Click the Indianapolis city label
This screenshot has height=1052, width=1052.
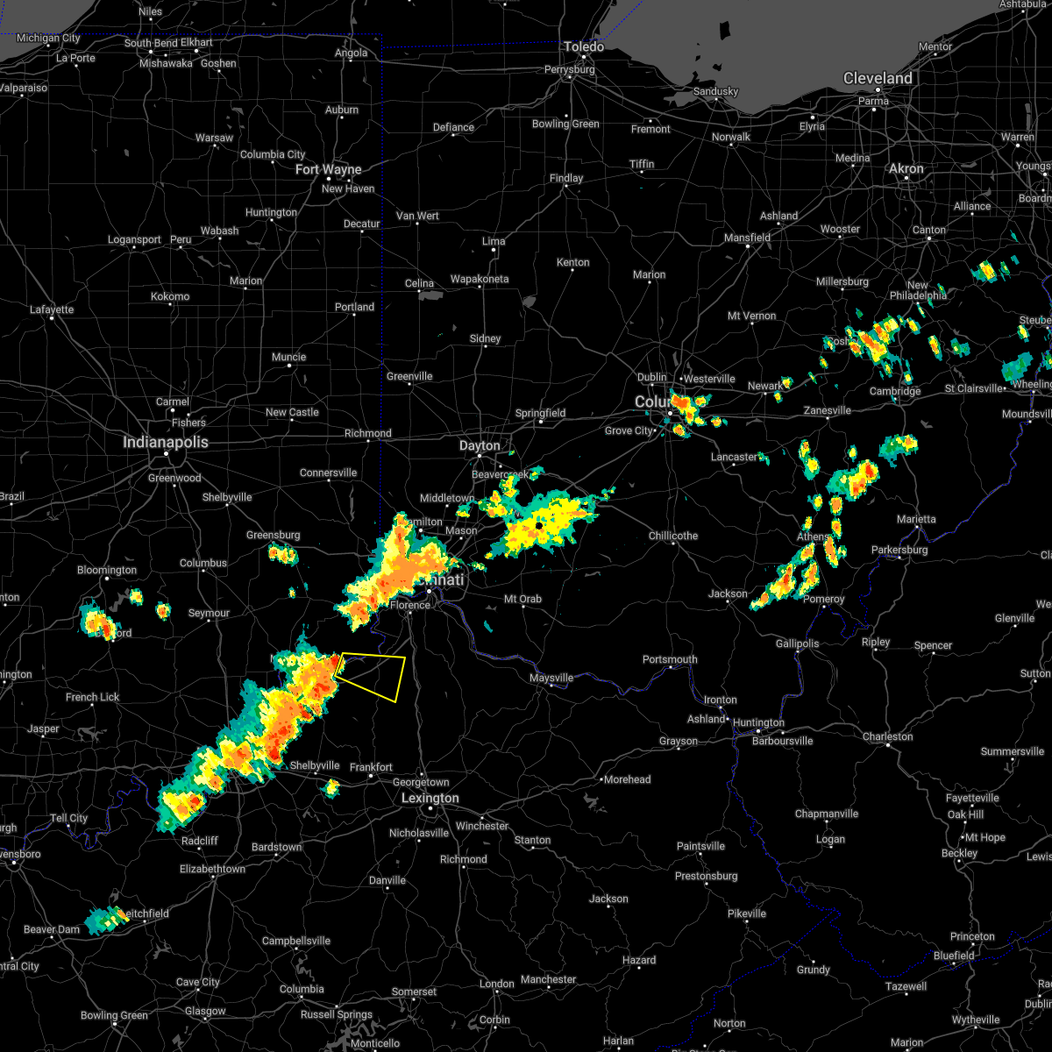[166, 443]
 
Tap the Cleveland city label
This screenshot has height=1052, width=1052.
[878, 79]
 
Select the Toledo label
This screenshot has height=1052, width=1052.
[584, 46]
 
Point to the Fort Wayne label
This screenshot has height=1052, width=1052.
[329, 169]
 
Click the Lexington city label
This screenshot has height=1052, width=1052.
[430, 799]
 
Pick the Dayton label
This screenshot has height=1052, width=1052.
[480, 446]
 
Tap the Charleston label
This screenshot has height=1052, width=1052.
[888, 736]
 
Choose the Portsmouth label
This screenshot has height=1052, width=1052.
[670, 659]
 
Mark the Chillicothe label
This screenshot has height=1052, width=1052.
[673, 536]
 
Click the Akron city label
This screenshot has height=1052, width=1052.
[906, 168]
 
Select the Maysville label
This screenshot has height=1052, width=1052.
[551, 678]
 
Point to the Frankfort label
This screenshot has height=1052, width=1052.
[371, 767]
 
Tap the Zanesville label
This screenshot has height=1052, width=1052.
[827, 410]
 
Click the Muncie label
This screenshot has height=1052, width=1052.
[288, 357]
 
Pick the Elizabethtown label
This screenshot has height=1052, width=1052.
[212, 869]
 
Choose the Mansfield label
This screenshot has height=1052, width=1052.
[748, 238]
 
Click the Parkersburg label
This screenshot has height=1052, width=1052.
[899, 550]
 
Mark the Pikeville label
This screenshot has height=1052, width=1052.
[747, 913]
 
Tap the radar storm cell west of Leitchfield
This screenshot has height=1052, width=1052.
[103, 920]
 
